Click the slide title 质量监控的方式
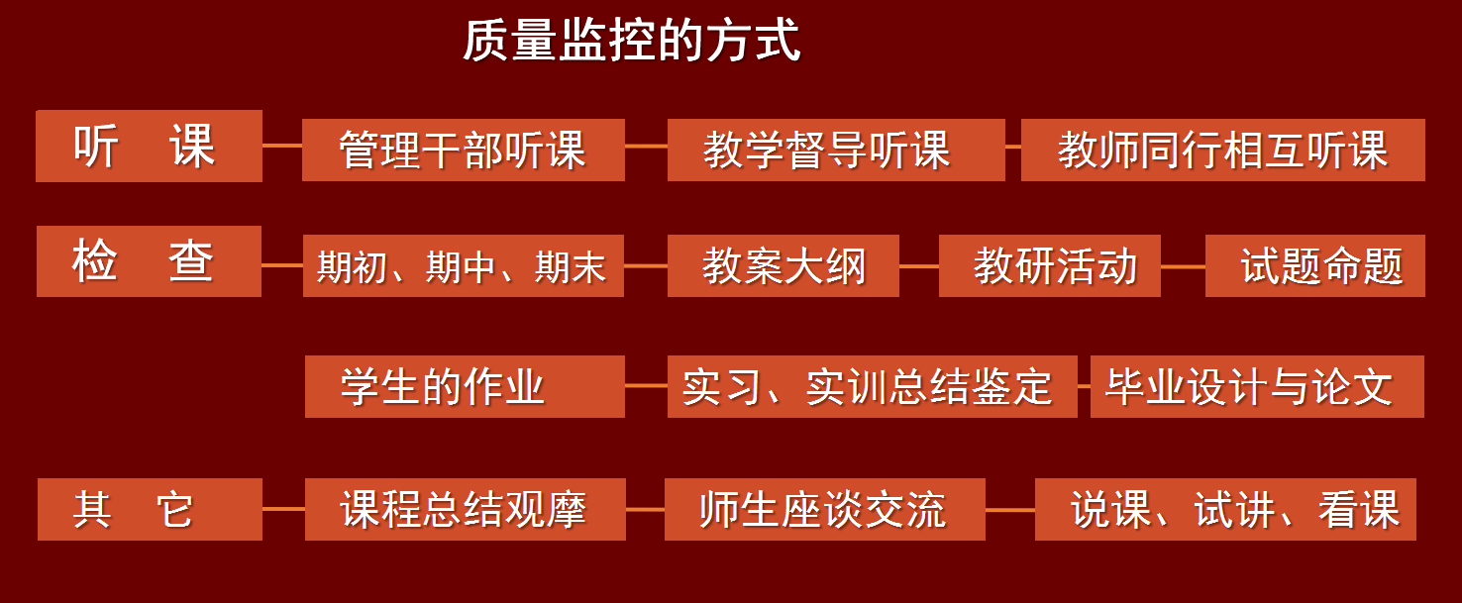[631, 42]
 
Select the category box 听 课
[149, 147]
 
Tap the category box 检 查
[149, 261]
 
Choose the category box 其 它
[150, 509]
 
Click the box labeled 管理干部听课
[463, 151]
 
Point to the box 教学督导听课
[835, 151]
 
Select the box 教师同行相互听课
[1222, 151]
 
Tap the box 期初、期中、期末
[463, 265]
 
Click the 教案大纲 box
[783, 265]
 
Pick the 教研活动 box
[1049, 265]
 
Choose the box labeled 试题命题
[1314, 265]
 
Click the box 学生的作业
[464, 386]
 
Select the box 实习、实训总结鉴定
[872, 386]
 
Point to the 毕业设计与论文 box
[1256, 386]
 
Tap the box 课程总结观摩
[465, 509]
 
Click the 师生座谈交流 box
[824, 509]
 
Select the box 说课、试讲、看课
[1224, 509]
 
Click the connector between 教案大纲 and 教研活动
[919, 266]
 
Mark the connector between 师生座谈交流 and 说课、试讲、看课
[1010, 510]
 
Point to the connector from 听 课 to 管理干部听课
[282, 146]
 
